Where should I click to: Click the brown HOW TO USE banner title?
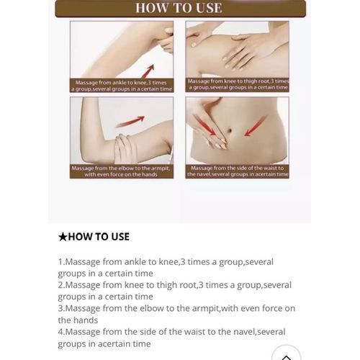[x=179, y=8]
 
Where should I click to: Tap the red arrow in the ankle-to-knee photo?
[x=148, y=71]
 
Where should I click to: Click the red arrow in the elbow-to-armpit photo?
[x=130, y=122]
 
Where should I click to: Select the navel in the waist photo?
[x=229, y=130]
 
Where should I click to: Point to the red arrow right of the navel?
[x=256, y=125]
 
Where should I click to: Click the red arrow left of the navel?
[x=204, y=125]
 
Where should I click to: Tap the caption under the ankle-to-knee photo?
[x=122, y=86]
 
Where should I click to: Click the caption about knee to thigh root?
[x=238, y=84]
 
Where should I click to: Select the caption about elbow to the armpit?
[x=121, y=171]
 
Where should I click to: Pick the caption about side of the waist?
[x=238, y=171]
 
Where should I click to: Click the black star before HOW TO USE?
[x=63, y=237]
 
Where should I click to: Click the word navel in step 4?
[x=243, y=332]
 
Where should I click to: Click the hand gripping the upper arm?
[x=125, y=148]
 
